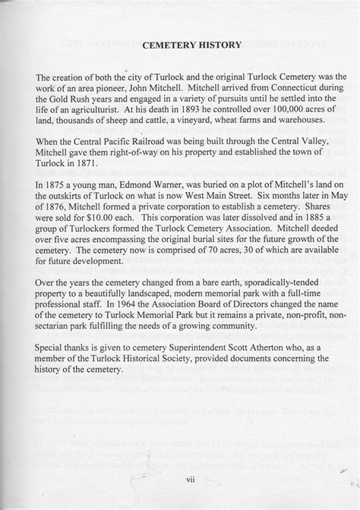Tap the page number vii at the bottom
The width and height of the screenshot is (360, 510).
(x=179, y=480)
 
